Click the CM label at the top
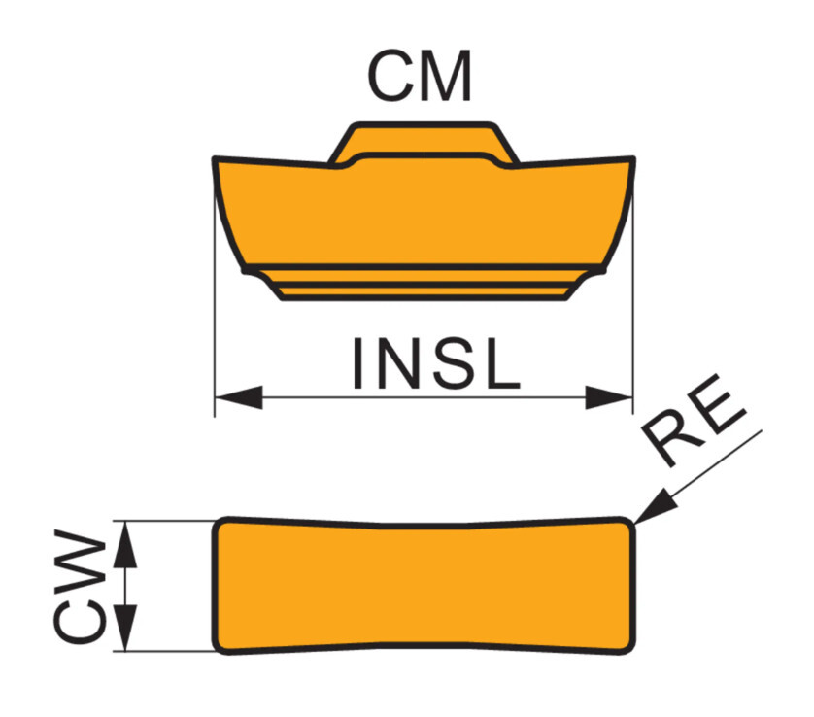pyautogui.click(x=420, y=76)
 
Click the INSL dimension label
pyautogui.click(x=436, y=363)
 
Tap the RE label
pyautogui.click(x=694, y=420)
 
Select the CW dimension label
pyautogui.click(x=80, y=587)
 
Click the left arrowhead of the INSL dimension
pyautogui.click(x=239, y=397)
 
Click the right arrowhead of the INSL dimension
pyautogui.click(x=609, y=397)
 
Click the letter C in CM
pyautogui.click(x=390, y=76)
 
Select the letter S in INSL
pyautogui.click(x=457, y=363)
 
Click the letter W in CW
pyautogui.click(x=80, y=562)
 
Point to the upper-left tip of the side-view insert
pyautogui.click(x=215, y=157)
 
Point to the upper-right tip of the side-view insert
pyautogui.click(x=632, y=157)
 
